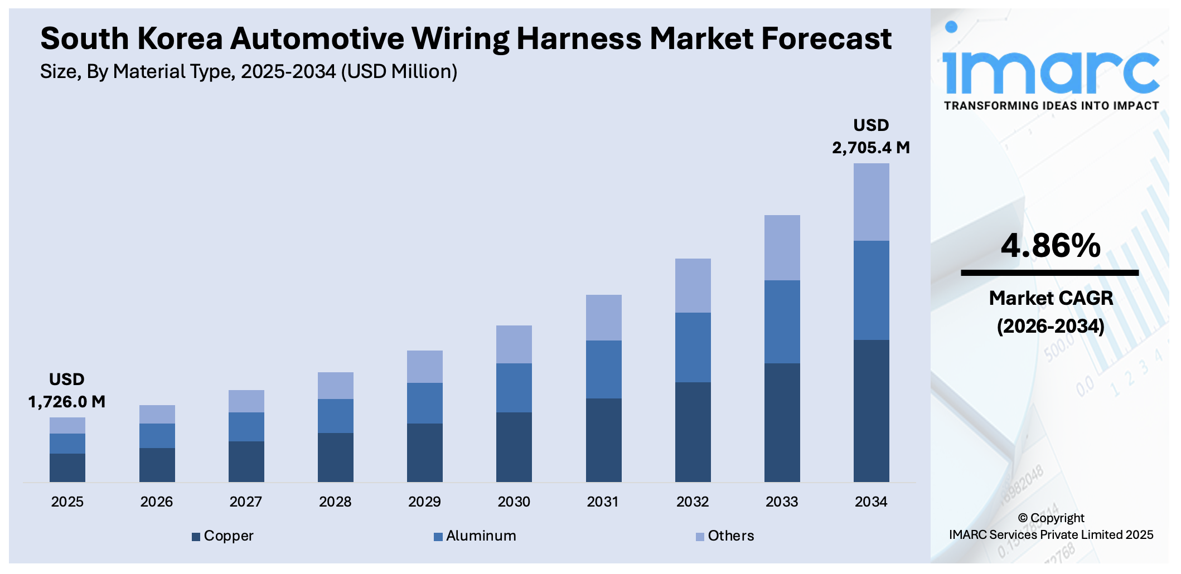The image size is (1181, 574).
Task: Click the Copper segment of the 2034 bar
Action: (871, 411)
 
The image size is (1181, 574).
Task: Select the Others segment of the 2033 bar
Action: (782, 247)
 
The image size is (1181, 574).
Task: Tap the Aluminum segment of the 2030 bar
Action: (514, 387)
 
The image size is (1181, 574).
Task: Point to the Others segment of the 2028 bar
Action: (335, 385)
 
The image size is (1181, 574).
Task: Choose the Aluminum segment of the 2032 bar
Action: (693, 347)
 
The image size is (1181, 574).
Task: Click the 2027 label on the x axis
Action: (245, 502)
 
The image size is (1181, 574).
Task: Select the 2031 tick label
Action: (603, 502)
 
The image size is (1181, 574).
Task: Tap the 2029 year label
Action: (424, 502)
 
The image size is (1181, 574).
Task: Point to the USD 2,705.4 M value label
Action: (871, 137)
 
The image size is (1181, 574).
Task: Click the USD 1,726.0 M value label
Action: (67, 391)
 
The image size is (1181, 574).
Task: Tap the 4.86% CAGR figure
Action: (1051, 246)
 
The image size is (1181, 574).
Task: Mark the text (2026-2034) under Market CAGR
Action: (1051, 326)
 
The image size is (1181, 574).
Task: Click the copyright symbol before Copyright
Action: (1023, 518)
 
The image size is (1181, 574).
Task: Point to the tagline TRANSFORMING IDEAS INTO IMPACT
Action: (1051, 106)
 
